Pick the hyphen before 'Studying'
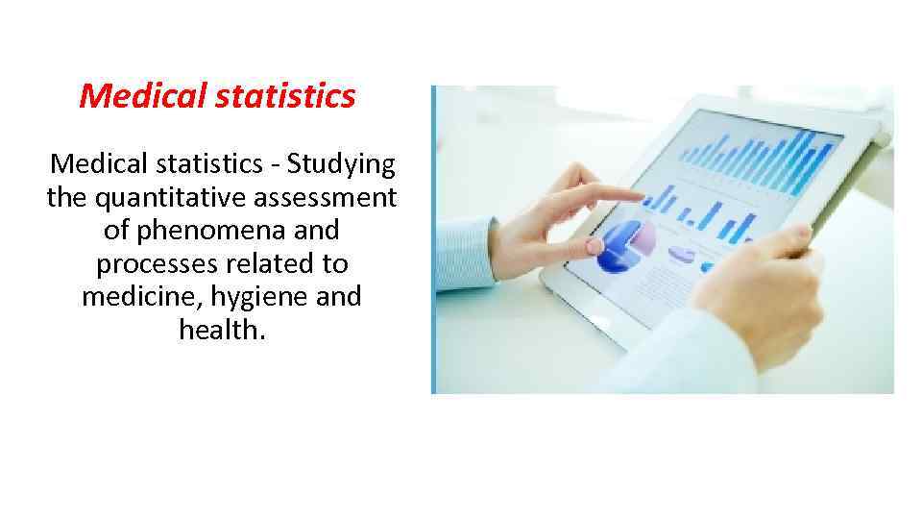(276, 166)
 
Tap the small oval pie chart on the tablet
(683, 255)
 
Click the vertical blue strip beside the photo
(433, 239)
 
